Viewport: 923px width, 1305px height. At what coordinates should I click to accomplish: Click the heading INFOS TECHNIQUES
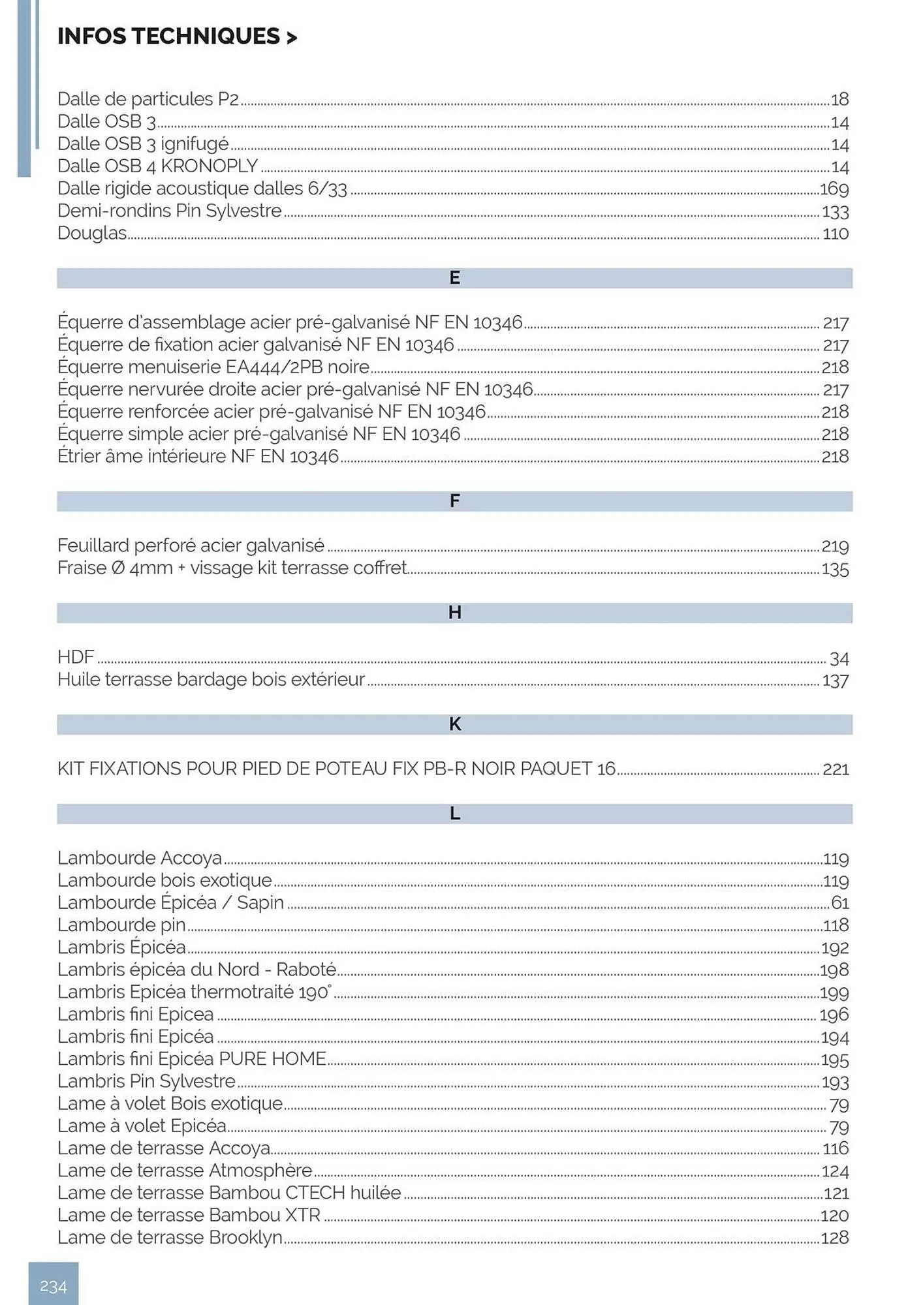pos(176,37)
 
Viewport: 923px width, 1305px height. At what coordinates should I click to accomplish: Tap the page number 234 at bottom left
pos(54,1286)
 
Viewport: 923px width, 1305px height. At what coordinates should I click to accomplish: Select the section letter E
pos(455,278)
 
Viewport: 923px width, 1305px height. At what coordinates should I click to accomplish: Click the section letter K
pos(455,724)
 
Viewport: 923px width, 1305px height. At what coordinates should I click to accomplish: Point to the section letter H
pos(455,613)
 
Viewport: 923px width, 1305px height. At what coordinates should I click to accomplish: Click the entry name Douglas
pos(92,233)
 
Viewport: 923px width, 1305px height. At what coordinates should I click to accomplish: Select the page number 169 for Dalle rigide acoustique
pos(834,189)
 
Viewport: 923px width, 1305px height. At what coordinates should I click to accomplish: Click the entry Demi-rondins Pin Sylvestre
pos(170,211)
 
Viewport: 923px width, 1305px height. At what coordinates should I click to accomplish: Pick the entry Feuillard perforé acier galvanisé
pos(191,545)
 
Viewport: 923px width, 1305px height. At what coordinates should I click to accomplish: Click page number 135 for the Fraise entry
pos(835,569)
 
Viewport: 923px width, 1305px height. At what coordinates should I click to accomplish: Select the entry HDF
pos(76,657)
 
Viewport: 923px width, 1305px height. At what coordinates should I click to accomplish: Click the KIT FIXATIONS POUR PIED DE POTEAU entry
pos(336,769)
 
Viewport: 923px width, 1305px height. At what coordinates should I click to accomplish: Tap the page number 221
pos(836,769)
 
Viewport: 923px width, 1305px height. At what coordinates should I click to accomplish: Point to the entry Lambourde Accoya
pos(140,858)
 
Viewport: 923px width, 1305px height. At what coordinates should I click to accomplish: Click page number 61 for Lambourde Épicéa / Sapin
pos(839,903)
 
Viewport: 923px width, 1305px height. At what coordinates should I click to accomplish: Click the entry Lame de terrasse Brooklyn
pos(170,1237)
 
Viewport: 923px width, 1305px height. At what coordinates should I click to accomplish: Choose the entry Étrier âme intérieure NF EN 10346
pos(198,456)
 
